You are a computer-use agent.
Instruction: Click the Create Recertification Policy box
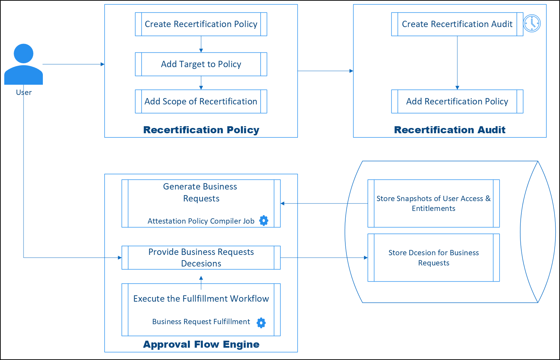[201, 24]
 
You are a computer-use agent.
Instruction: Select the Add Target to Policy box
[201, 64]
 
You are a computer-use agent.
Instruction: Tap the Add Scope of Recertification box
[201, 102]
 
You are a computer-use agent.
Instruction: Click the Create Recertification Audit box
[457, 24]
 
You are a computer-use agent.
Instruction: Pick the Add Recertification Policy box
[457, 102]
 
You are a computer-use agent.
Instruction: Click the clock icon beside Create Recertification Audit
[532, 24]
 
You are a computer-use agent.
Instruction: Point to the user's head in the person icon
[24, 53]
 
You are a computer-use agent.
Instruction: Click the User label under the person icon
[24, 92]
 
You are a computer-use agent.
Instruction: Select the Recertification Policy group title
[201, 130]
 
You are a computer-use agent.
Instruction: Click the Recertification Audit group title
[450, 130]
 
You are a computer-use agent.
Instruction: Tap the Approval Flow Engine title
[201, 344]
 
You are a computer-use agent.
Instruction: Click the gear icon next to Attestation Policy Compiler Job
[263, 220]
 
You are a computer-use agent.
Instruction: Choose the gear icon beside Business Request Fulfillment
[261, 323]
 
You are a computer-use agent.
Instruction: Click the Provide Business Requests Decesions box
[201, 258]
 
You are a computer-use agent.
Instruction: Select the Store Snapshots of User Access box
[434, 204]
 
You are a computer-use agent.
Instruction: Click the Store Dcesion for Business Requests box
[434, 258]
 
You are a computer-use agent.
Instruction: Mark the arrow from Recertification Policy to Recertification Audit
[325, 71]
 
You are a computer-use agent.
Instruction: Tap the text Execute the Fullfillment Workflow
[201, 299]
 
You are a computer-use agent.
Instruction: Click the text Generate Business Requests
[200, 192]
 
